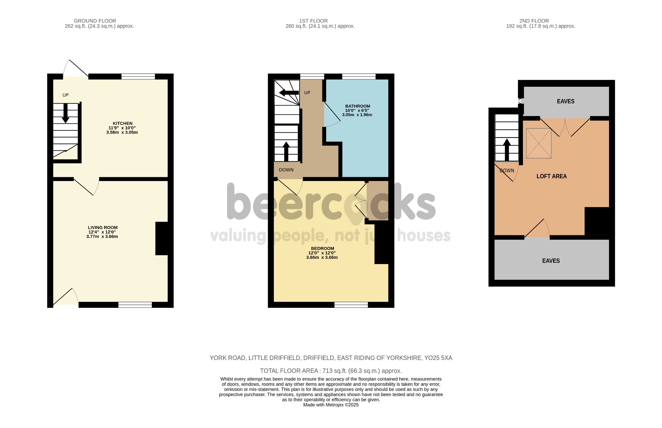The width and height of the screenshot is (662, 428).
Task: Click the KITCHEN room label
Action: pyautogui.click(x=123, y=123)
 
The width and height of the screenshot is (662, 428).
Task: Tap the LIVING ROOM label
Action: pyautogui.click(x=102, y=228)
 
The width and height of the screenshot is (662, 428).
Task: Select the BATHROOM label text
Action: pyautogui.click(x=358, y=106)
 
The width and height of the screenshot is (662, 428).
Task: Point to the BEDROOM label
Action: pyautogui.click(x=322, y=249)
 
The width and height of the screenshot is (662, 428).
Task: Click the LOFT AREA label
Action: pyautogui.click(x=551, y=176)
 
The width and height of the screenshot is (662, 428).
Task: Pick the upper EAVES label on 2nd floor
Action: pyautogui.click(x=566, y=101)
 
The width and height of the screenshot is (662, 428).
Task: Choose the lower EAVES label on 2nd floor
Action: pyautogui.click(x=551, y=261)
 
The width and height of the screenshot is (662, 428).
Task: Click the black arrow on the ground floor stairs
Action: pyautogui.click(x=66, y=113)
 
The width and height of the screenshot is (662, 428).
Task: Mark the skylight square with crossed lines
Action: pyautogui.click(x=539, y=143)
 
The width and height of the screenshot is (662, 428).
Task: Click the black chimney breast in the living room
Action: pyautogui.click(x=162, y=239)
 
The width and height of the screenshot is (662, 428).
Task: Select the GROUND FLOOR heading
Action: pyautogui.click(x=95, y=21)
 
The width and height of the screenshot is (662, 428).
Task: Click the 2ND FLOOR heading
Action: pyautogui.click(x=534, y=21)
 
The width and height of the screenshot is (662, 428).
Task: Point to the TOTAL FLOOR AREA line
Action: pyautogui.click(x=331, y=371)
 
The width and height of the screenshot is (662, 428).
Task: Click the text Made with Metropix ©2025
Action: pyautogui.click(x=331, y=405)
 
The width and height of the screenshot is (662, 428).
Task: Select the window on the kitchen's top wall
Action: pyautogui.click(x=138, y=76)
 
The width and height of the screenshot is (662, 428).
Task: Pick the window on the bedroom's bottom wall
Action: pyautogui.click(x=351, y=305)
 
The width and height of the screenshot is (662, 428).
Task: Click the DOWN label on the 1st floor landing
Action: pyautogui.click(x=286, y=170)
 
